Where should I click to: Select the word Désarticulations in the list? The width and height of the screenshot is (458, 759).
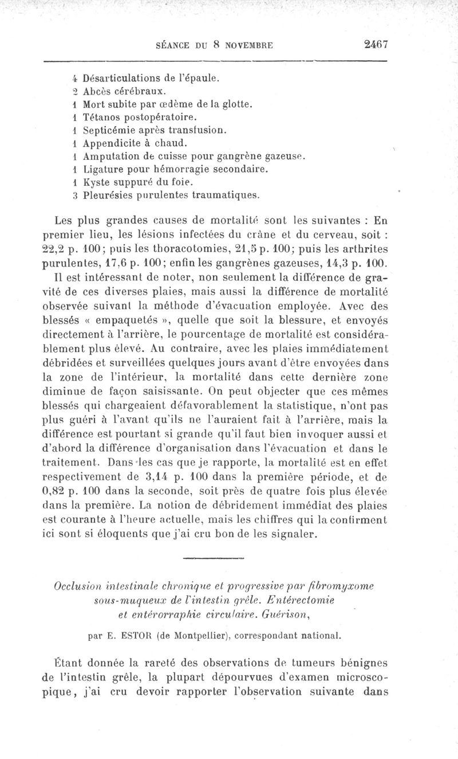pyautogui.click(x=119, y=77)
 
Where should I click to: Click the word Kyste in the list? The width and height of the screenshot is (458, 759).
pyautogui.click(x=96, y=182)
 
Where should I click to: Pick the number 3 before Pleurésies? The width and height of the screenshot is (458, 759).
pyautogui.click(x=75, y=195)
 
